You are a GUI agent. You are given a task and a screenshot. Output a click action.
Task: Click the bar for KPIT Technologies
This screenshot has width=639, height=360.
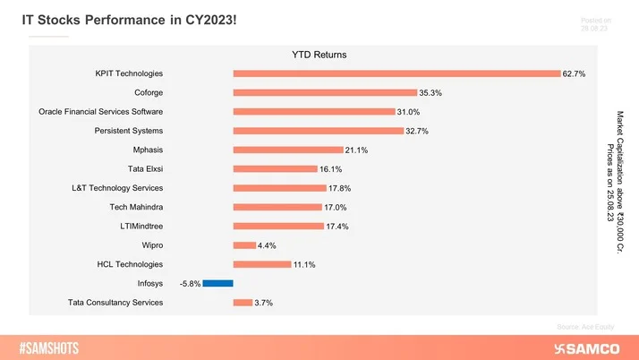click(397, 73)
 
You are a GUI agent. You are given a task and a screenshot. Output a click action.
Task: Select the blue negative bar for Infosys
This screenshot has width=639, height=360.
click(217, 283)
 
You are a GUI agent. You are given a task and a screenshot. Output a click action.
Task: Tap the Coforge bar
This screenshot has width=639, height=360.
click(325, 92)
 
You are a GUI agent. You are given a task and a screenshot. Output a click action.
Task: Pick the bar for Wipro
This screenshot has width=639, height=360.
click(244, 244)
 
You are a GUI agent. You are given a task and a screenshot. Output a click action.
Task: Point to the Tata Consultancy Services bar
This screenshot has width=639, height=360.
click(243, 303)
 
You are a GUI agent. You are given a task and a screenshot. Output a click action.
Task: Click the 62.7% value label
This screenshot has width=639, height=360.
click(574, 73)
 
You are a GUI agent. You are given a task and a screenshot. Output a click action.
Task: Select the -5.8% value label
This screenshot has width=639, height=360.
click(190, 283)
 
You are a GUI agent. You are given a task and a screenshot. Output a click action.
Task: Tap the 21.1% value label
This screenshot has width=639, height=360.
click(357, 150)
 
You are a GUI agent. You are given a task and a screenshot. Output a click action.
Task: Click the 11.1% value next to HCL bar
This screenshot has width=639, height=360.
click(304, 264)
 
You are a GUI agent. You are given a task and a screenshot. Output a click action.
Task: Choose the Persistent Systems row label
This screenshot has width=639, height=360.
click(129, 131)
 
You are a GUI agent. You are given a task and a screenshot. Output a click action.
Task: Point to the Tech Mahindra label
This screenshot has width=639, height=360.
click(136, 207)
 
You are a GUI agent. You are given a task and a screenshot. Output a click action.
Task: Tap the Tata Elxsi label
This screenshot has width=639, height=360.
click(146, 168)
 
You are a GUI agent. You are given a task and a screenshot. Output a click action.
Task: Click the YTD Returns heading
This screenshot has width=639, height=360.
click(319, 55)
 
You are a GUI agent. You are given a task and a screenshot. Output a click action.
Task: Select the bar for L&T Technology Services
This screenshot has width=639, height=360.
click(279, 188)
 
